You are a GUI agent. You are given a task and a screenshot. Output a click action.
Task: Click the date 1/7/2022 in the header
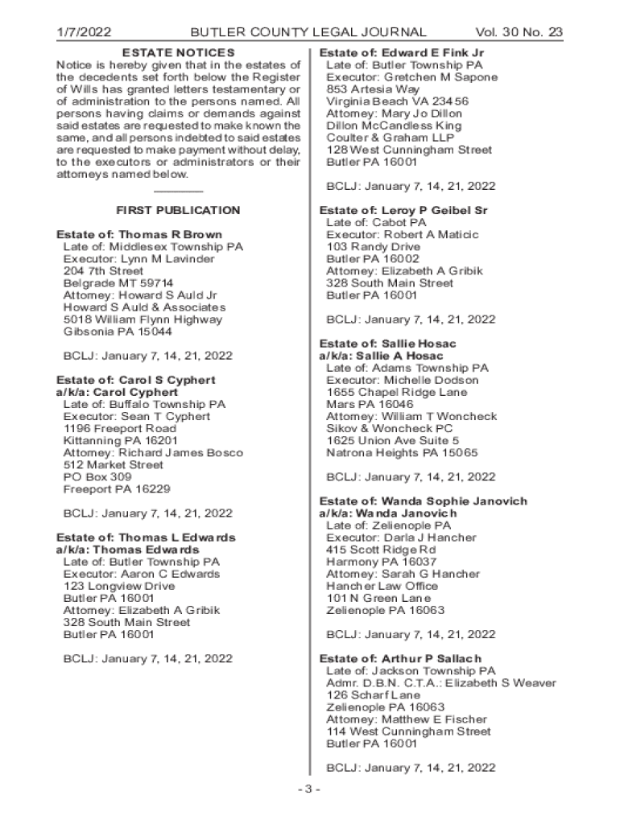click(84, 33)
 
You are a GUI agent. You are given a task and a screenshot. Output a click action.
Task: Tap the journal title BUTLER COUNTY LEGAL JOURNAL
click(308, 33)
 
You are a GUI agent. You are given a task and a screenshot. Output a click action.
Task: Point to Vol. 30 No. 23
click(519, 33)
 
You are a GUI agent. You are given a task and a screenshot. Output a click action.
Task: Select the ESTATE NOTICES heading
click(178, 52)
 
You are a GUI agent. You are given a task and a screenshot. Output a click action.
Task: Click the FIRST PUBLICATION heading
click(178, 210)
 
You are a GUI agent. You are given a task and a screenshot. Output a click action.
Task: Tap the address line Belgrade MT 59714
click(118, 283)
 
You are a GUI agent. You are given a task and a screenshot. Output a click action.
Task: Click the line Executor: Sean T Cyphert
click(137, 417)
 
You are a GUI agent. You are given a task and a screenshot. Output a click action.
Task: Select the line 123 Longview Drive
click(118, 587)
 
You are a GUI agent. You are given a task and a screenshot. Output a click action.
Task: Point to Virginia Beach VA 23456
click(398, 101)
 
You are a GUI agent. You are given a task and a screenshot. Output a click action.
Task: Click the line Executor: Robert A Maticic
click(402, 235)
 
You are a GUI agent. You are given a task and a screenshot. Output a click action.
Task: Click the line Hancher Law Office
click(382, 587)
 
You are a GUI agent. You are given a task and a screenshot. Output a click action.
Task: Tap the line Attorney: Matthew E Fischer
click(407, 719)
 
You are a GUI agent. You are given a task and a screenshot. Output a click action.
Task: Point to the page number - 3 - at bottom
click(308, 789)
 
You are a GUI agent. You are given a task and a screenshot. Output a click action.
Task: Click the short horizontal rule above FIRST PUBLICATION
click(178, 192)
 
